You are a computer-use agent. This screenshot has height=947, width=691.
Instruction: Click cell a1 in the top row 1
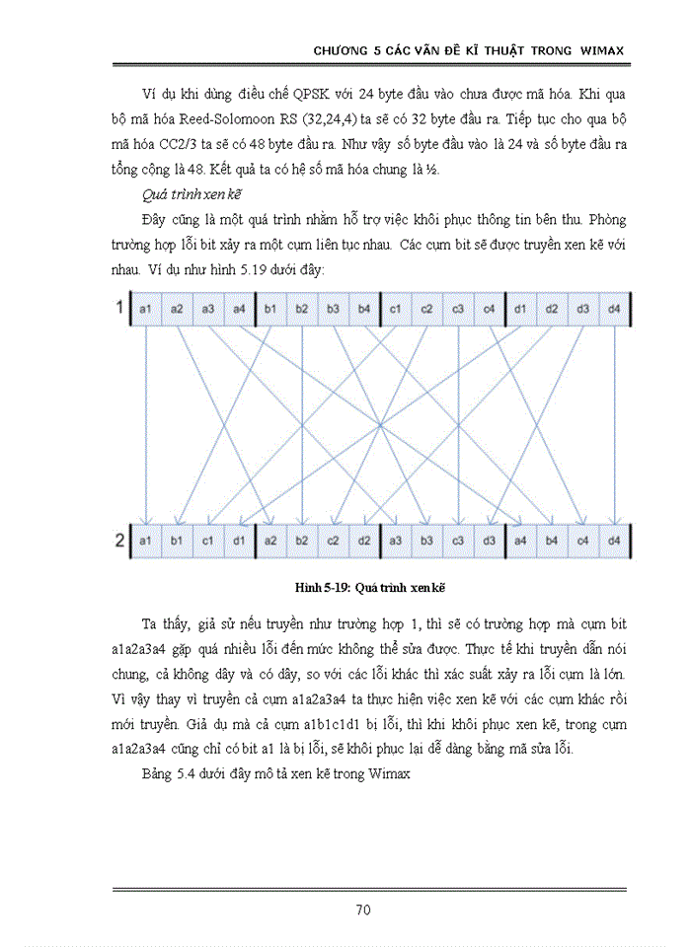click(146, 310)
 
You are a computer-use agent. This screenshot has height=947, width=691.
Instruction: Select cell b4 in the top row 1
click(364, 310)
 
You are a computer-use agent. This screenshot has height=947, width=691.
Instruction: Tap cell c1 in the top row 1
click(395, 310)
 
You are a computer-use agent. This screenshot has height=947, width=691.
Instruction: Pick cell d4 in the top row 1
click(614, 310)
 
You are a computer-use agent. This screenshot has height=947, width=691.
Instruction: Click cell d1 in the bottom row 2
click(239, 541)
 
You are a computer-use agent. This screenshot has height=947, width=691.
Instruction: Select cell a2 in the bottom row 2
click(270, 541)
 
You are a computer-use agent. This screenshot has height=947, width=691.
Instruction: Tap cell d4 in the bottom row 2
click(614, 541)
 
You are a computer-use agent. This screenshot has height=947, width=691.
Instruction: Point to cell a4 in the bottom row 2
click(520, 541)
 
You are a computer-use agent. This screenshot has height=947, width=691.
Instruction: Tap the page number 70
click(363, 910)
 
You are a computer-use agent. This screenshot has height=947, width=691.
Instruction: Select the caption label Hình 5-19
click(325, 587)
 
